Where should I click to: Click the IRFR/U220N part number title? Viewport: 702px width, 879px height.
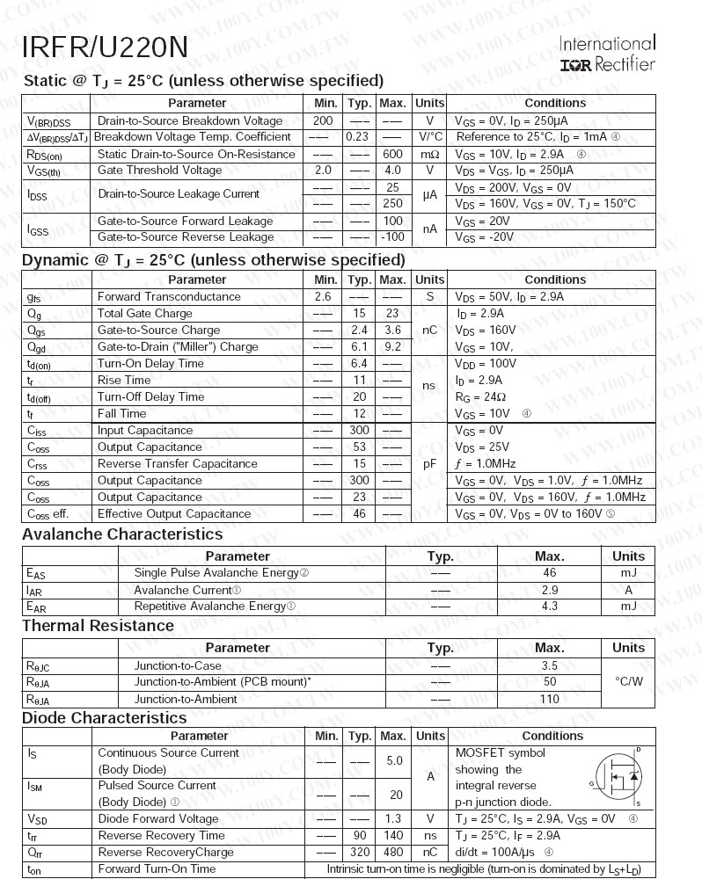105,47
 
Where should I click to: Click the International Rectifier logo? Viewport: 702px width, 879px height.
607,54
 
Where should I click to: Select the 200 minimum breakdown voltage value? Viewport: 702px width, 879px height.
323,121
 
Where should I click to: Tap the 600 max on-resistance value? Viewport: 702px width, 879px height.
392,155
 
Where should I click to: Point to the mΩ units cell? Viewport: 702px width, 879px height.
430,155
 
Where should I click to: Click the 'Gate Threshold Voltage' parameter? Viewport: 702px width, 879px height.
159,171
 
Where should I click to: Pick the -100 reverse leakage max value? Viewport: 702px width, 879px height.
392,237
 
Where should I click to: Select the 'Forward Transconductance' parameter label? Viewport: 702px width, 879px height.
169,297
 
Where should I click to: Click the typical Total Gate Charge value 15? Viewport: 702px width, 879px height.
359,314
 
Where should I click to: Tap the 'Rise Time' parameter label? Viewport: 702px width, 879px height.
124,381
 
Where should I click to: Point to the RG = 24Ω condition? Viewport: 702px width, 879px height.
479,397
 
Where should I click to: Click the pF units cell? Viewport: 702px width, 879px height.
430,464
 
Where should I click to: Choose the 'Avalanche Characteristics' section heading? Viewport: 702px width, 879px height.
122,534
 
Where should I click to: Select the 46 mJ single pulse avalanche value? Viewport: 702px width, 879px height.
550,573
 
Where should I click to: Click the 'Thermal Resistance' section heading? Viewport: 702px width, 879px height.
98,626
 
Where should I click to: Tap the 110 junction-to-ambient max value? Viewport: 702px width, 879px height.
550,700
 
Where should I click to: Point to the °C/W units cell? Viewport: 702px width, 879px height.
628,682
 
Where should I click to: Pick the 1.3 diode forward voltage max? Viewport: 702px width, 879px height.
392,819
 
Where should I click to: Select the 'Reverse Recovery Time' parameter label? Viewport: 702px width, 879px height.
162,836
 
